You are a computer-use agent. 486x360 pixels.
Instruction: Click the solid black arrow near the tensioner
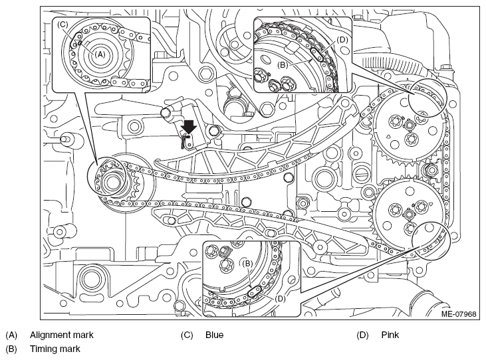point(189,127)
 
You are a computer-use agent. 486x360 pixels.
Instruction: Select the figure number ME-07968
point(459,314)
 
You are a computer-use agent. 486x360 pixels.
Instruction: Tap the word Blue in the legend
point(214,335)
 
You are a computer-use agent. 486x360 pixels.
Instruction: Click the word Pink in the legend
point(390,335)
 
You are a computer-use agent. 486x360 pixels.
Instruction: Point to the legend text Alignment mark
point(61,335)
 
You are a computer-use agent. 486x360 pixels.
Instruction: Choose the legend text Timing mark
point(55,349)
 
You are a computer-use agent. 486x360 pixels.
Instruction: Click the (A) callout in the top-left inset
point(100,54)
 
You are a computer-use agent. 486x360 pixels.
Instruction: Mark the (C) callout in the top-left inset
point(62,25)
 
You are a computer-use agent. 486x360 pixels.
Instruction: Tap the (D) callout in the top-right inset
point(342,40)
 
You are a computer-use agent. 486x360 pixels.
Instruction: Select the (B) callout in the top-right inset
point(283,65)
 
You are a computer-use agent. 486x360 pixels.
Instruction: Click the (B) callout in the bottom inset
point(247,264)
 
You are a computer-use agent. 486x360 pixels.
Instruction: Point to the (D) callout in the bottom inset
point(280,299)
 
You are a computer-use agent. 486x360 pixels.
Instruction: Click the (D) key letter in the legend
point(362,335)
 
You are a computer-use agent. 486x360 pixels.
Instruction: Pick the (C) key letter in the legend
point(187,335)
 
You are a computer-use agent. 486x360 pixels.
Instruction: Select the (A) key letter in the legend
point(11,335)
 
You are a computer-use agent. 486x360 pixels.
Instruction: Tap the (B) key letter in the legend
point(11,349)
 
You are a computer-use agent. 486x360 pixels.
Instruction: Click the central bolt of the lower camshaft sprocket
point(409,213)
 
